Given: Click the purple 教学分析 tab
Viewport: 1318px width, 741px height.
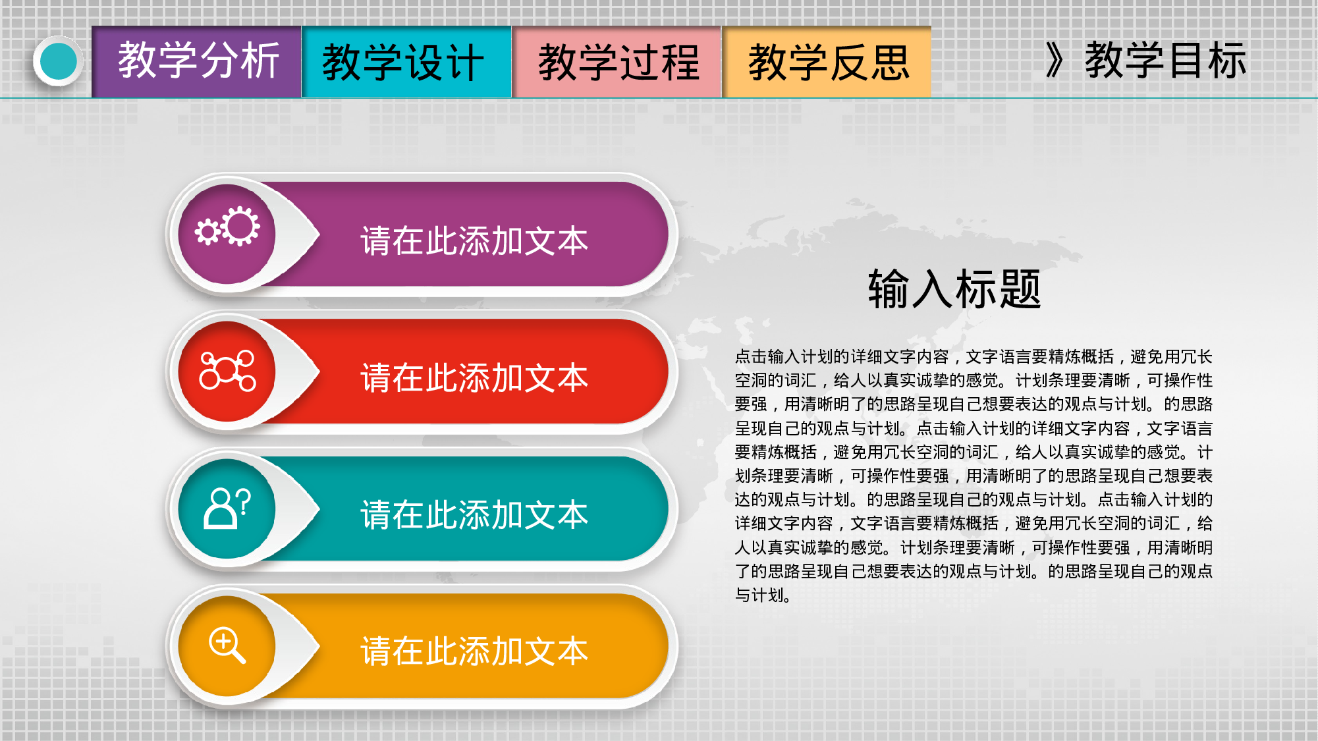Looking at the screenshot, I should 197,61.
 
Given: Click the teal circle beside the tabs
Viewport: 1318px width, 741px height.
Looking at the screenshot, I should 58,61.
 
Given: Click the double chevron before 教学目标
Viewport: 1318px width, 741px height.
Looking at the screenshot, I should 1055,61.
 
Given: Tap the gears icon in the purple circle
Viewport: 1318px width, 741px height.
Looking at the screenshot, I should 228,227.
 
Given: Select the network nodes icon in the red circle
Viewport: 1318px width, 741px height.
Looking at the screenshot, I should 227,370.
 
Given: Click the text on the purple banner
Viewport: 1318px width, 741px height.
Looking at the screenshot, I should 474,240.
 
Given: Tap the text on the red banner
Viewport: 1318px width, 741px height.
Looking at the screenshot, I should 474,377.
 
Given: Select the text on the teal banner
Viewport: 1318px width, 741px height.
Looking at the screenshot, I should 474,514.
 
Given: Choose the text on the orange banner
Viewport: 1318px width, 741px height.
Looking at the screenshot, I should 474,651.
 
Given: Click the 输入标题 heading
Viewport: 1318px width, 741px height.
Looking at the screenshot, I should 954,288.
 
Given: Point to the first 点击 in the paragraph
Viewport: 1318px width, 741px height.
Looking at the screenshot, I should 751,357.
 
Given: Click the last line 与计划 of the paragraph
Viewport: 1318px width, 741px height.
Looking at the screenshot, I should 761,595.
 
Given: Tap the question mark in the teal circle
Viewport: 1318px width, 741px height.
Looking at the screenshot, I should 243,502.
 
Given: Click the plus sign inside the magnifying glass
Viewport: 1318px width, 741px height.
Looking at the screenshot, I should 224,640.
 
